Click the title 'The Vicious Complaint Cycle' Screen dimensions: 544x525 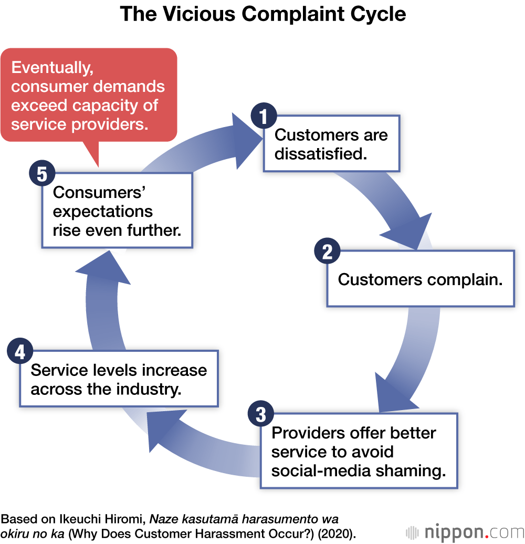[x=262, y=14]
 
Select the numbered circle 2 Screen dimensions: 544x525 [x=327, y=252]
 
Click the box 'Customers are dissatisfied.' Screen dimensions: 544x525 [x=331, y=144]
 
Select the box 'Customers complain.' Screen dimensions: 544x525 [x=420, y=279]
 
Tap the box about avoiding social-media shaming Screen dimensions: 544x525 [x=359, y=452]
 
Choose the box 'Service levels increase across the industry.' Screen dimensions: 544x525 [x=119, y=379]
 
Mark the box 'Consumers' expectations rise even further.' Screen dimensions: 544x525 [x=117, y=211]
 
